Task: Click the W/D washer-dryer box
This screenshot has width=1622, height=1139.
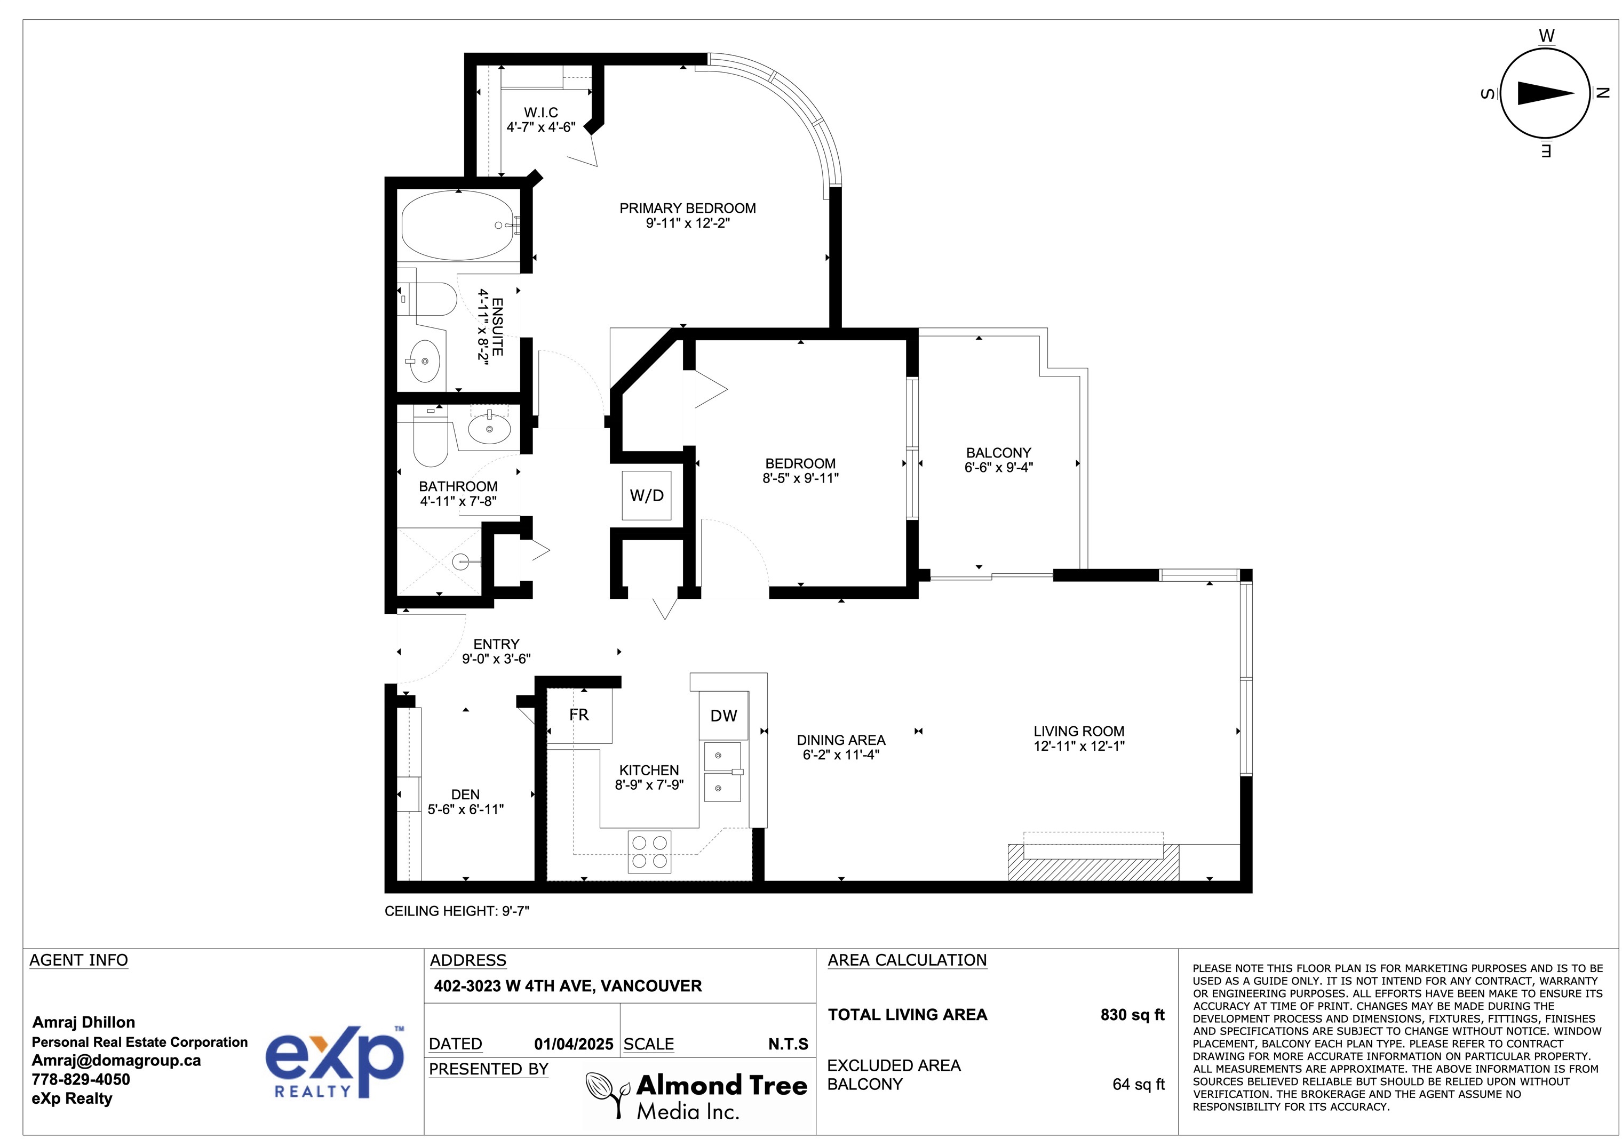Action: [x=646, y=496]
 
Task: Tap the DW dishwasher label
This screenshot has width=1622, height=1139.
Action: [x=723, y=716]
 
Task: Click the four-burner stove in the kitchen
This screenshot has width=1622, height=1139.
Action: [x=649, y=852]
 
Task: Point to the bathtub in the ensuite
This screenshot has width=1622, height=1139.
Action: [x=458, y=225]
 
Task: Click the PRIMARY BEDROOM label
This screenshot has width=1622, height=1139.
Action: [x=687, y=208]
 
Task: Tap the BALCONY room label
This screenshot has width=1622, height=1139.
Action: [x=998, y=453]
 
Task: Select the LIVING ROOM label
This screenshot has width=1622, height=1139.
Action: [x=1079, y=732]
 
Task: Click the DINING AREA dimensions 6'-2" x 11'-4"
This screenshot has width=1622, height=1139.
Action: [x=841, y=755]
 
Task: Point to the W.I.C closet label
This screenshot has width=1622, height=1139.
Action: [x=541, y=113]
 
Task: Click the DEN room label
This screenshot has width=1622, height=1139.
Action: [x=466, y=795]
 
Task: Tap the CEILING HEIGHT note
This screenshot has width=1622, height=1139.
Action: [x=456, y=911]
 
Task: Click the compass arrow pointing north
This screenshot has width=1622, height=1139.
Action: [x=1546, y=93]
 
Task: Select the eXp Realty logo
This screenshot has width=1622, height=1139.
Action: [x=334, y=1061]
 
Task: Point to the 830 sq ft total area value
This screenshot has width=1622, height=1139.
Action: [x=1132, y=1015]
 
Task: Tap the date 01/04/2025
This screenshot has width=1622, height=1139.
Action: [x=574, y=1044]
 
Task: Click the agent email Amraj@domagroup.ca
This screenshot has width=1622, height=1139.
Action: [x=116, y=1061]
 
